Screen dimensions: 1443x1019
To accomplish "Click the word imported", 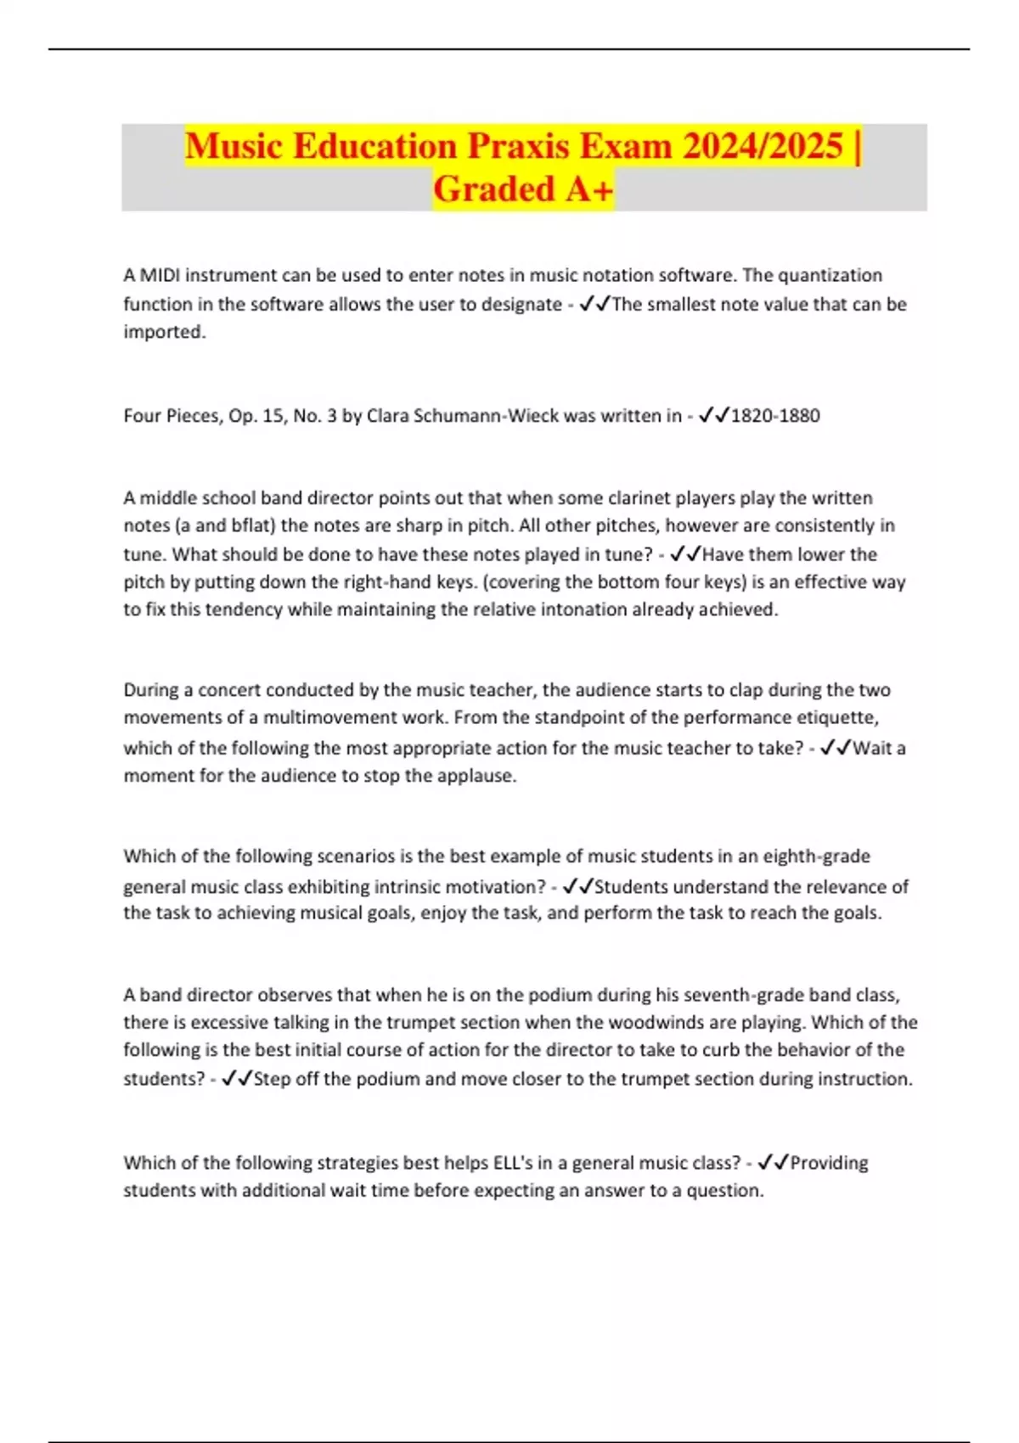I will (164, 332).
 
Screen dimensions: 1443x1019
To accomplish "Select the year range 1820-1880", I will (774, 416).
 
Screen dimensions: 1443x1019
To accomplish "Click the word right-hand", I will (391, 582).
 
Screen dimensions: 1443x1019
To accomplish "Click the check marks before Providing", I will (774, 1163).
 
